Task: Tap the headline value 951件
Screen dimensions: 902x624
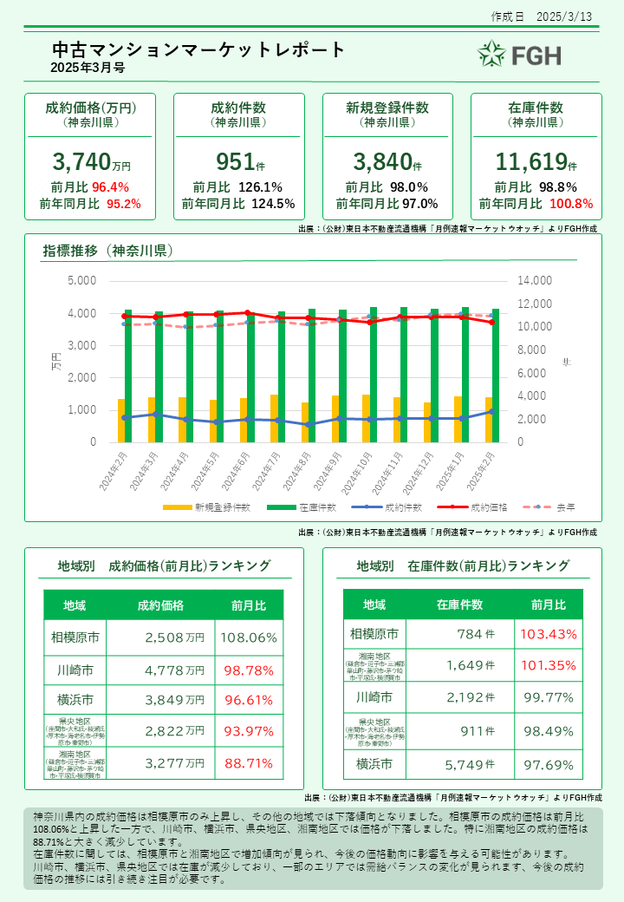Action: tap(239, 161)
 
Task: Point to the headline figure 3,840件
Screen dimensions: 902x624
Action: tap(387, 161)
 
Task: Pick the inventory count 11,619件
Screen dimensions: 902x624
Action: tap(536, 161)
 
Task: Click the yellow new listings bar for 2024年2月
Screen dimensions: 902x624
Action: tap(121, 421)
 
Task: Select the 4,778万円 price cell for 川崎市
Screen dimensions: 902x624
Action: tap(170, 670)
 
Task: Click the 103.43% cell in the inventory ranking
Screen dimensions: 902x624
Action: tap(549, 634)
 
